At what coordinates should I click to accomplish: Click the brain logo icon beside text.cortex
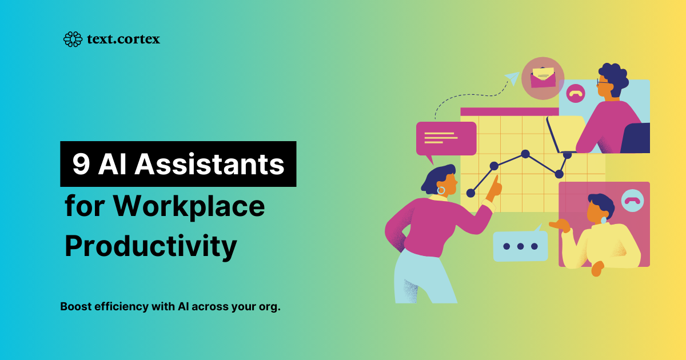coord(73,39)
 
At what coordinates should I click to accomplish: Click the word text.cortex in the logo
coord(123,39)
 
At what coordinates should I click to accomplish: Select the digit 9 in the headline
coord(81,165)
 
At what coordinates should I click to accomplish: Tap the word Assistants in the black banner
coord(209,164)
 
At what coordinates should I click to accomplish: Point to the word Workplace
coord(189,206)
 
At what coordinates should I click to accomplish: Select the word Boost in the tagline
coord(75,306)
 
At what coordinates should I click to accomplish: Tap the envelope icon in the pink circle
coord(543,78)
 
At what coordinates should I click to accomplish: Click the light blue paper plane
coord(512,78)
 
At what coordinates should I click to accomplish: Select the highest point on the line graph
coord(525,154)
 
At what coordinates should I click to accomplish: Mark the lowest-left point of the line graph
coord(470,193)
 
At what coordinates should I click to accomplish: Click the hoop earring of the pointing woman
coord(441,191)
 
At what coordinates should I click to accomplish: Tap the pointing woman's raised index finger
coord(496,181)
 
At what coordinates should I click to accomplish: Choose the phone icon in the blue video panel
coord(576,93)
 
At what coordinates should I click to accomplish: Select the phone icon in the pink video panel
coord(632,201)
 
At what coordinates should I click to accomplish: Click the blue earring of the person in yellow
coord(603,220)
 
